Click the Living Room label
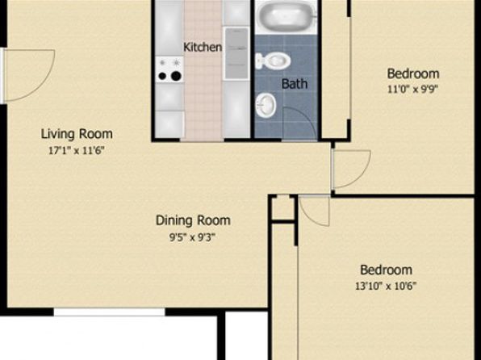coord(77,134)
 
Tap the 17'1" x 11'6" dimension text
coord(77,151)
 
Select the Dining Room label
coord(193,220)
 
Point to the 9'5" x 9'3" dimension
coord(193,237)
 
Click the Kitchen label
coord(203,48)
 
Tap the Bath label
coord(295,84)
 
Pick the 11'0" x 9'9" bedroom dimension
coord(413,90)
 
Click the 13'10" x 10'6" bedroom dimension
coord(386,286)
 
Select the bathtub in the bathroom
coord(287,16)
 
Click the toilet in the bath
coord(273,61)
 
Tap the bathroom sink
coord(266,105)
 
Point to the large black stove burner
coord(176,76)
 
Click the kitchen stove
coord(169,69)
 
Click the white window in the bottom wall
coord(110,312)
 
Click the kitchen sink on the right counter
coord(236,53)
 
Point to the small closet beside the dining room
coord(283,208)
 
